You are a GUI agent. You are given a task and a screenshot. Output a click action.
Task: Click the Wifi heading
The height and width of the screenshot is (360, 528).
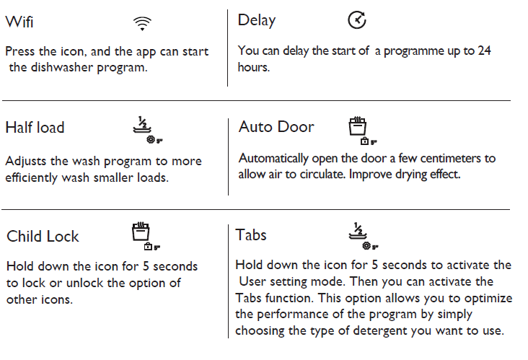pos(19,22)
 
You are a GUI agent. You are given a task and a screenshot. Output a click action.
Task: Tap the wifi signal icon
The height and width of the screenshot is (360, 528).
pos(142,24)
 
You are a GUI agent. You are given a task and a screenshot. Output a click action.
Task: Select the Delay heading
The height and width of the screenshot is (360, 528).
pos(257,20)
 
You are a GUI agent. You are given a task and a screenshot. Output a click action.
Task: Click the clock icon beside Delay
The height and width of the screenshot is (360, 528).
pos(357,20)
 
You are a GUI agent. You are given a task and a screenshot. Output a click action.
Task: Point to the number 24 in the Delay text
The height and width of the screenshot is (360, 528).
pos(484,51)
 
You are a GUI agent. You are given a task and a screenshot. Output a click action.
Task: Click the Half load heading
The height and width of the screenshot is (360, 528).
pos(35,128)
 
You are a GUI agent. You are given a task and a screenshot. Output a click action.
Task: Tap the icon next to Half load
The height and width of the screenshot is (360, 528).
pos(147,130)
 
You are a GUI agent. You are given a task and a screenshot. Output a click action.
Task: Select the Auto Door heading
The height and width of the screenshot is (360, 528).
pos(276,127)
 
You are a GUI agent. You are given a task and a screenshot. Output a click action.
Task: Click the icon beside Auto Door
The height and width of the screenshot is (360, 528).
pos(362,131)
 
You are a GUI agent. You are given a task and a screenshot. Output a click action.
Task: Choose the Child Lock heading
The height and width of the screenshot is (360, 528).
pos(43,236)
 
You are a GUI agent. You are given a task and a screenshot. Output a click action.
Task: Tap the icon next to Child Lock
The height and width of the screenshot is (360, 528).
pos(146,236)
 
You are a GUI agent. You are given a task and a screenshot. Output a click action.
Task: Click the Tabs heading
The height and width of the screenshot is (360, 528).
pos(251,234)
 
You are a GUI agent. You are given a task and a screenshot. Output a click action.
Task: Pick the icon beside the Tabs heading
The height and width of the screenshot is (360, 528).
pos(364,236)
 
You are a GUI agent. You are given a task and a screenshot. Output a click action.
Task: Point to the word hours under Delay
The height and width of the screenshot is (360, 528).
pos(254,67)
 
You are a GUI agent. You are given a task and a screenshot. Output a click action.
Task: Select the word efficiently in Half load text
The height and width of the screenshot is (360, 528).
pos(31,177)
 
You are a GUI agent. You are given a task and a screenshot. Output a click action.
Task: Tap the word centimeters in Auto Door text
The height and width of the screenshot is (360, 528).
pos(451,158)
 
